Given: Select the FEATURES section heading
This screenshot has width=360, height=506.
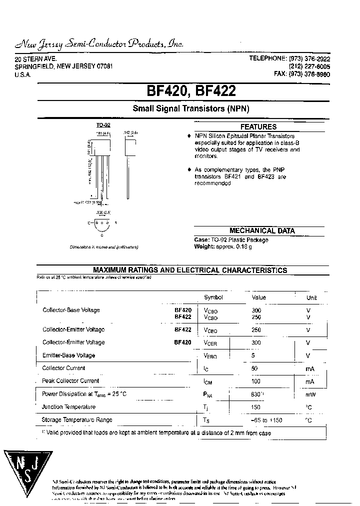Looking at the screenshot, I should pyautogui.click(x=258, y=127).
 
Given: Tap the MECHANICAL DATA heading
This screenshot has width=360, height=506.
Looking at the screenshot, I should pyautogui.click(x=262, y=231).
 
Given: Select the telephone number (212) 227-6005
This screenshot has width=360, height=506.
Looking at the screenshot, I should pyautogui.click(x=309, y=66).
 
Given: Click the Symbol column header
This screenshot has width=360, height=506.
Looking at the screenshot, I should pyautogui.click(x=213, y=297).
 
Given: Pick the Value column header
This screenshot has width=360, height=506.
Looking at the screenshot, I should pyautogui.click(x=258, y=297).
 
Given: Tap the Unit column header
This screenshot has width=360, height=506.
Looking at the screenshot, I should pyautogui.click(x=311, y=297).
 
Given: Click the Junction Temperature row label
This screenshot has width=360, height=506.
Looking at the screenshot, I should pyautogui.click(x=68, y=407).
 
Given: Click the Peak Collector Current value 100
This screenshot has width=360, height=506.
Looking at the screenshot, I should pyautogui.click(x=256, y=381).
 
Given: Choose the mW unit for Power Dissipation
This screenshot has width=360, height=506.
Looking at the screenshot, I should pyautogui.click(x=310, y=394).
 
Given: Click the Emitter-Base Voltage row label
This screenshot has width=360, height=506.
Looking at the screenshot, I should pyautogui.click(x=68, y=355).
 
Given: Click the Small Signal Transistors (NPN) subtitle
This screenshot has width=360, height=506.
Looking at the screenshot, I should pyautogui.click(x=190, y=108).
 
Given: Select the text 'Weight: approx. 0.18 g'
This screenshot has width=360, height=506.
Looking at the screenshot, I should pyautogui.click(x=223, y=246).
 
